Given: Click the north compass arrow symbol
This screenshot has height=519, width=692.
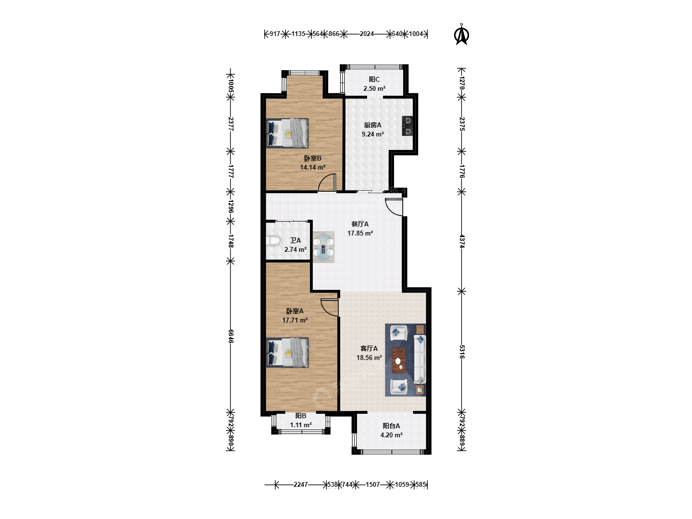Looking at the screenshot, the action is [461, 34].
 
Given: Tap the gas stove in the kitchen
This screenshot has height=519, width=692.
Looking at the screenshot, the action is [408, 126].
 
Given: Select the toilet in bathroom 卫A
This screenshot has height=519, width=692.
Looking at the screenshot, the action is [273, 241].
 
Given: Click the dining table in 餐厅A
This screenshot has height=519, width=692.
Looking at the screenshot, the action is [324, 247].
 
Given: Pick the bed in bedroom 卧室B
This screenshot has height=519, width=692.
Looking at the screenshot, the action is [287, 133].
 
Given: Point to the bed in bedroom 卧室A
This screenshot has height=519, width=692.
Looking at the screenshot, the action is [287, 353].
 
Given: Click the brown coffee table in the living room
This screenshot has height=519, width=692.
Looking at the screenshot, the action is [399, 360].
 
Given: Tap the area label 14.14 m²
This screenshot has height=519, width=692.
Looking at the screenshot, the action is [312, 167].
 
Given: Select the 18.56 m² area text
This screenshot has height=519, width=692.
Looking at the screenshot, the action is [369, 358].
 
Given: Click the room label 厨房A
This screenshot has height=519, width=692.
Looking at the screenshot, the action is [372, 125].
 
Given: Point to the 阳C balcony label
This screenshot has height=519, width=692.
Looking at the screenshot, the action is [374, 79].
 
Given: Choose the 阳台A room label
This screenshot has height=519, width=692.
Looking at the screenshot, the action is [391, 426].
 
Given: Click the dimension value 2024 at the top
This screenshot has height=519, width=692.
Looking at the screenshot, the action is [367, 34].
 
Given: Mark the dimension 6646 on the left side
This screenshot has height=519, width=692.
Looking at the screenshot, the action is [231, 336].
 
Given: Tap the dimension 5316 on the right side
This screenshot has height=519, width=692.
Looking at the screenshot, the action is [462, 352].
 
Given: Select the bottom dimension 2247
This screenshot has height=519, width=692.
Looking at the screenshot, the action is [300, 484].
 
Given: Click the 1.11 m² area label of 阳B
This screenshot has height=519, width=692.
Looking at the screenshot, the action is [301, 425].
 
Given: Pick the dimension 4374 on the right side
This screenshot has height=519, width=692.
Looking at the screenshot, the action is [462, 241].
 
